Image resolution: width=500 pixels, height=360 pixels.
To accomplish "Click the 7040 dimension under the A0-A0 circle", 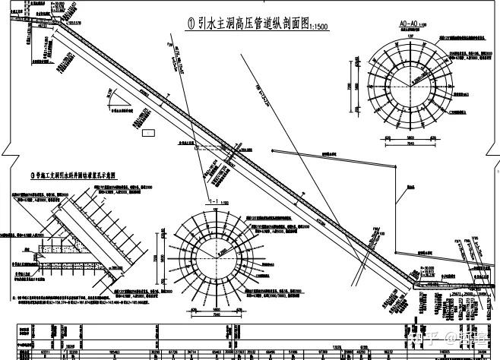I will pos(409,144).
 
